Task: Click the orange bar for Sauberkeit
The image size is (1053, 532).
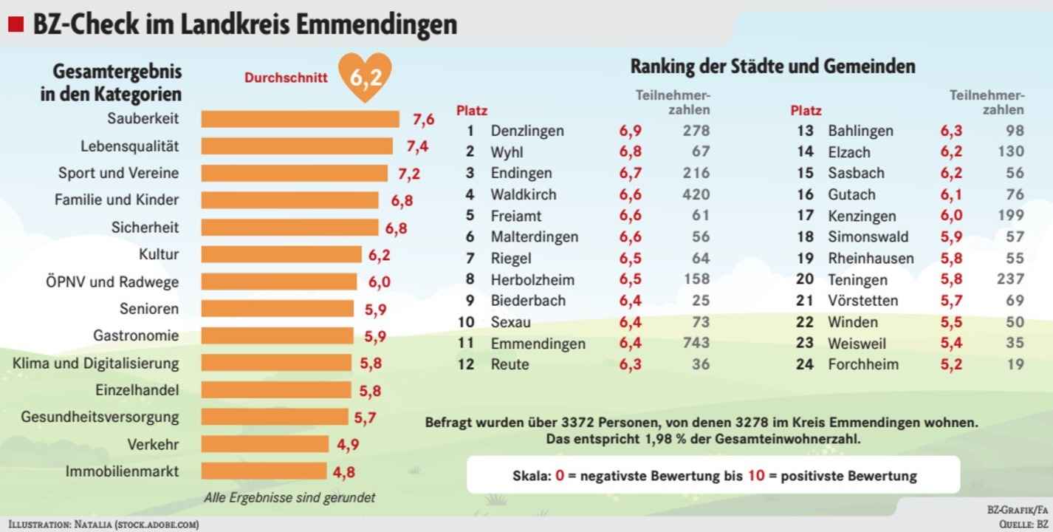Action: click(x=300, y=119)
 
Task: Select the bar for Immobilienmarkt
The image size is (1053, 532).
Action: click(x=264, y=471)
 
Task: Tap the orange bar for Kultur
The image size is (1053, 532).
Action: click(x=281, y=255)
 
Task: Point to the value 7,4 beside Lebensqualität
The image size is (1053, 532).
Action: click(x=417, y=146)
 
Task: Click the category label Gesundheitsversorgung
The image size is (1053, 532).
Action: click(x=100, y=417)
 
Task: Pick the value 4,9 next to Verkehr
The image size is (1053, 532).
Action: click(x=348, y=445)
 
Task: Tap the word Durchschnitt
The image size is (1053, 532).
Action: click(x=286, y=78)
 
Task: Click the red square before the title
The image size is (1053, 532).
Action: click(x=16, y=25)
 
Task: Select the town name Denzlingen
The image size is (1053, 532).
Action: click(x=526, y=131)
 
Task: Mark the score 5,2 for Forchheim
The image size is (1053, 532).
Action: click(x=950, y=364)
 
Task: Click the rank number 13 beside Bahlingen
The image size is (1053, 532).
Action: click(x=805, y=131)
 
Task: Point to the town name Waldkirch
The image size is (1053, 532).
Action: click(x=523, y=195)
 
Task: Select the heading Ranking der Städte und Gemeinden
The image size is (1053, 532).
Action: click(x=772, y=66)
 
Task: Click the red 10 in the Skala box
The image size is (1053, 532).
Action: click(x=755, y=475)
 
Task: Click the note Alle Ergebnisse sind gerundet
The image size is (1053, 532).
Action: click(x=289, y=497)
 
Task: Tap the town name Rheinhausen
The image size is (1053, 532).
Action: click(x=871, y=259)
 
